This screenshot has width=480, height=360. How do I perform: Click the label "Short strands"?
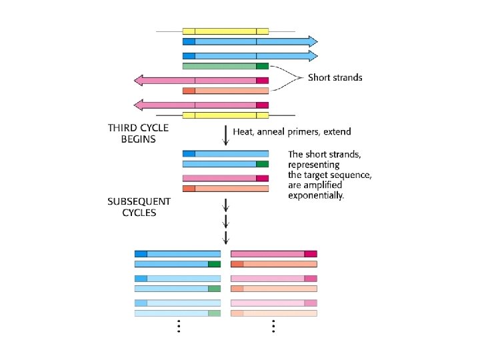pyautogui.click(x=335, y=77)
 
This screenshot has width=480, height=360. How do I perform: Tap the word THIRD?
pyautogui.click(x=123, y=128)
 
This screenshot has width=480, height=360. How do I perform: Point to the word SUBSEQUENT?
pyautogui.click(x=139, y=201)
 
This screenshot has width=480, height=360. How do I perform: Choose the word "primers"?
pyautogui.click(x=299, y=132)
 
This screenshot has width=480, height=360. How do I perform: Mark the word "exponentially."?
pyautogui.click(x=316, y=195)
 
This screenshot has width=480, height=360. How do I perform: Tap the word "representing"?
pyautogui.click(x=313, y=165)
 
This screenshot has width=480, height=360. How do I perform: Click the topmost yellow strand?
pyautogui.click(x=225, y=31)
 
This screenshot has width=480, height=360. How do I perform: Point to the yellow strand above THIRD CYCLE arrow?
pyautogui.click(x=225, y=115)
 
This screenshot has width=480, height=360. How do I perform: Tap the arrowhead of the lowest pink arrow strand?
pyautogui.click(x=140, y=105)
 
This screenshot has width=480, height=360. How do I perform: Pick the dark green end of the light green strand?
pyautogui.click(x=262, y=66)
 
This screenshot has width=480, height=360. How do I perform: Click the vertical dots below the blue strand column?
pyautogui.click(x=178, y=326)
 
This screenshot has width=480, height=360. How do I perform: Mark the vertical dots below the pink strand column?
pyautogui.click(x=273, y=326)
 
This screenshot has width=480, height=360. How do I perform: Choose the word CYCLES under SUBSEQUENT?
pyautogui.click(x=139, y=213)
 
